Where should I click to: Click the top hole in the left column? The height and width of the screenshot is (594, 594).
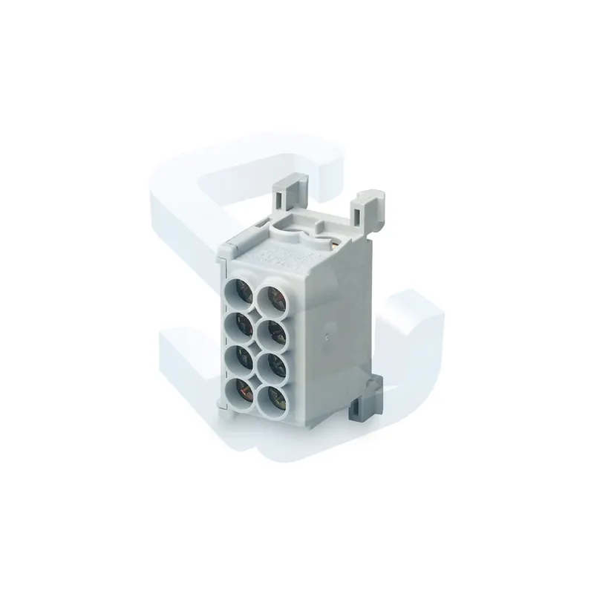[241, 292]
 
